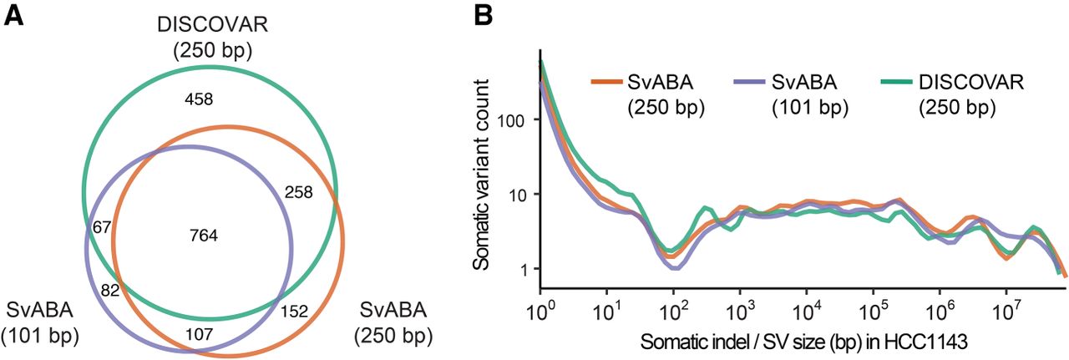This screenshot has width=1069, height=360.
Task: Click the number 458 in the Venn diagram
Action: pyautogui.click(x=199, y=99)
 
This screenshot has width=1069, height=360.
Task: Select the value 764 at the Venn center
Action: pyautogui.click(x=204, y=236)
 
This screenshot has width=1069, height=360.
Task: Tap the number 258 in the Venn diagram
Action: pyautogui.click(x=297, y=192)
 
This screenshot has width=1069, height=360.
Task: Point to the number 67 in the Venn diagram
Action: pyautogui.click(x=103, y=227)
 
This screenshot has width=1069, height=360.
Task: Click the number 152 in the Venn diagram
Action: pyautogui.click(x=294, y=312)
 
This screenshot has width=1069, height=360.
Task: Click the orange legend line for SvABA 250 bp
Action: pyautogui.click(x=607, y=81)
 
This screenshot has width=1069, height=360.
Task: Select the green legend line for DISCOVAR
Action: pyautogui.click(x=898, y=81)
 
